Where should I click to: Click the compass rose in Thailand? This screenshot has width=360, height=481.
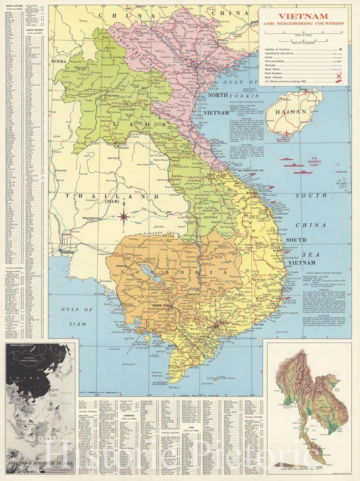point(124,216)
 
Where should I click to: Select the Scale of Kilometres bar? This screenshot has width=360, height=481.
point(303,43)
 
